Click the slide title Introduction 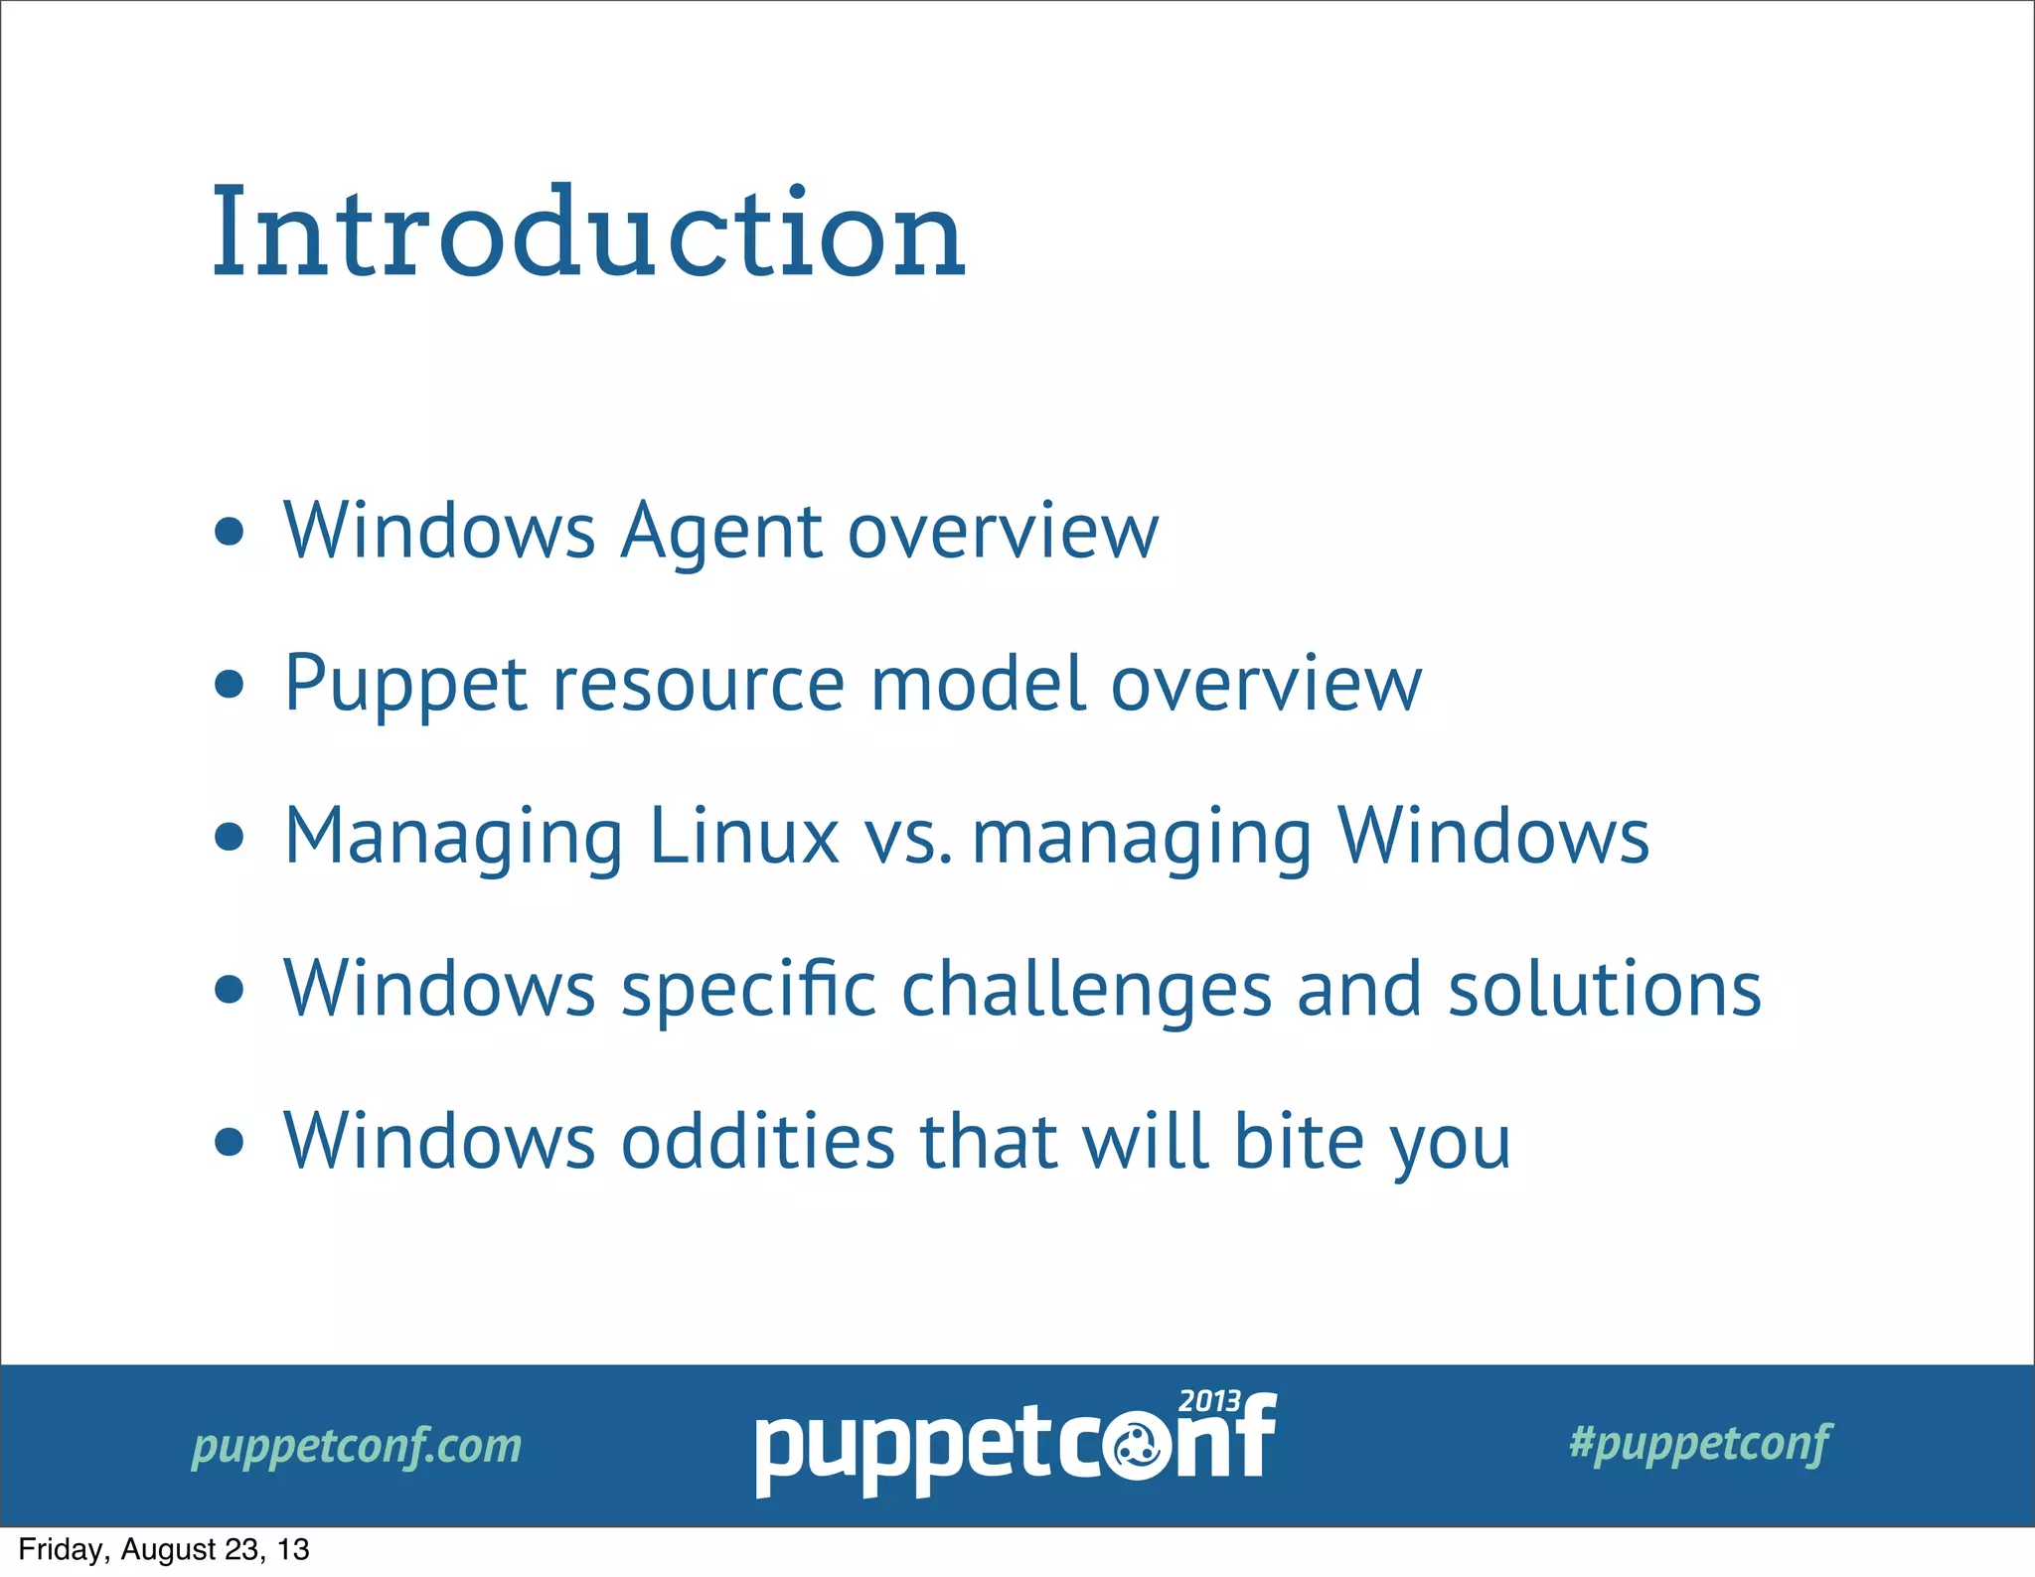(x=588, y=234)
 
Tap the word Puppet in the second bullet (x=405, y=686)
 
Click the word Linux (x=744, y=837)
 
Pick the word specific (x=749, y=991)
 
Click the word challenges (x=1086, y=991)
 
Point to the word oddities (x=758, y=1141)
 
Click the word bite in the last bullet (x=1299, y=1141)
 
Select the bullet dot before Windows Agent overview (x=230, y=533)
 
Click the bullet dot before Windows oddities (x=230, y=1143)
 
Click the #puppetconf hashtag (x=1700, y=1443)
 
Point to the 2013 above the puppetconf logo (x=1209, y=1401)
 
